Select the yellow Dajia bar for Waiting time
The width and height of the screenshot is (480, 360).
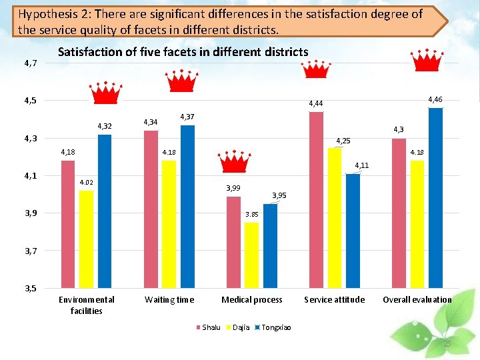[x=169, y=224]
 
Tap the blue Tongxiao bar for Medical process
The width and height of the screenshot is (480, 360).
[x=270, y=246]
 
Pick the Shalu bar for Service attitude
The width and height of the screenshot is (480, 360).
[x=316, y=200]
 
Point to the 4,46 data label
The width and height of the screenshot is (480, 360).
[x=435, y=99]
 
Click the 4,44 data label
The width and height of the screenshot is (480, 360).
[x=316, y=104]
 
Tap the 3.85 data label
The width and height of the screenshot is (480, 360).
[x=251, y=215]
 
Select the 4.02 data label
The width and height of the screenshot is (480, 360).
[x=86, y=183]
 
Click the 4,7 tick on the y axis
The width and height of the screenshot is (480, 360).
[x=30, y=63]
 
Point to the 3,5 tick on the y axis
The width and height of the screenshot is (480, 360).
[x=30, y=289]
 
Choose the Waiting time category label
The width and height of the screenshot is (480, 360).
[x=169, y=300]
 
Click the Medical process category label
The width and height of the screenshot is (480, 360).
[x=252, y=300]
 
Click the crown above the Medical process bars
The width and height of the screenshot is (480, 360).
[x=233, y=162]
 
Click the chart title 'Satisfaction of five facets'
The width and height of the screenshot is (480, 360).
[x=183, y=52]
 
